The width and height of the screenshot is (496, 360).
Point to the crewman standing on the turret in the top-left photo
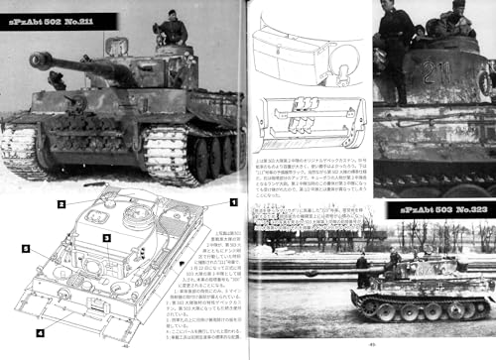tap(172, 32)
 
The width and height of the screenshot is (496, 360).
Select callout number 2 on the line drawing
tap(61, 204)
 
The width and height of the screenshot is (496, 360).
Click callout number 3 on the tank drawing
tap(104, 237)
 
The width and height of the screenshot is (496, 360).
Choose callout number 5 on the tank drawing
tap(28, 250)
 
